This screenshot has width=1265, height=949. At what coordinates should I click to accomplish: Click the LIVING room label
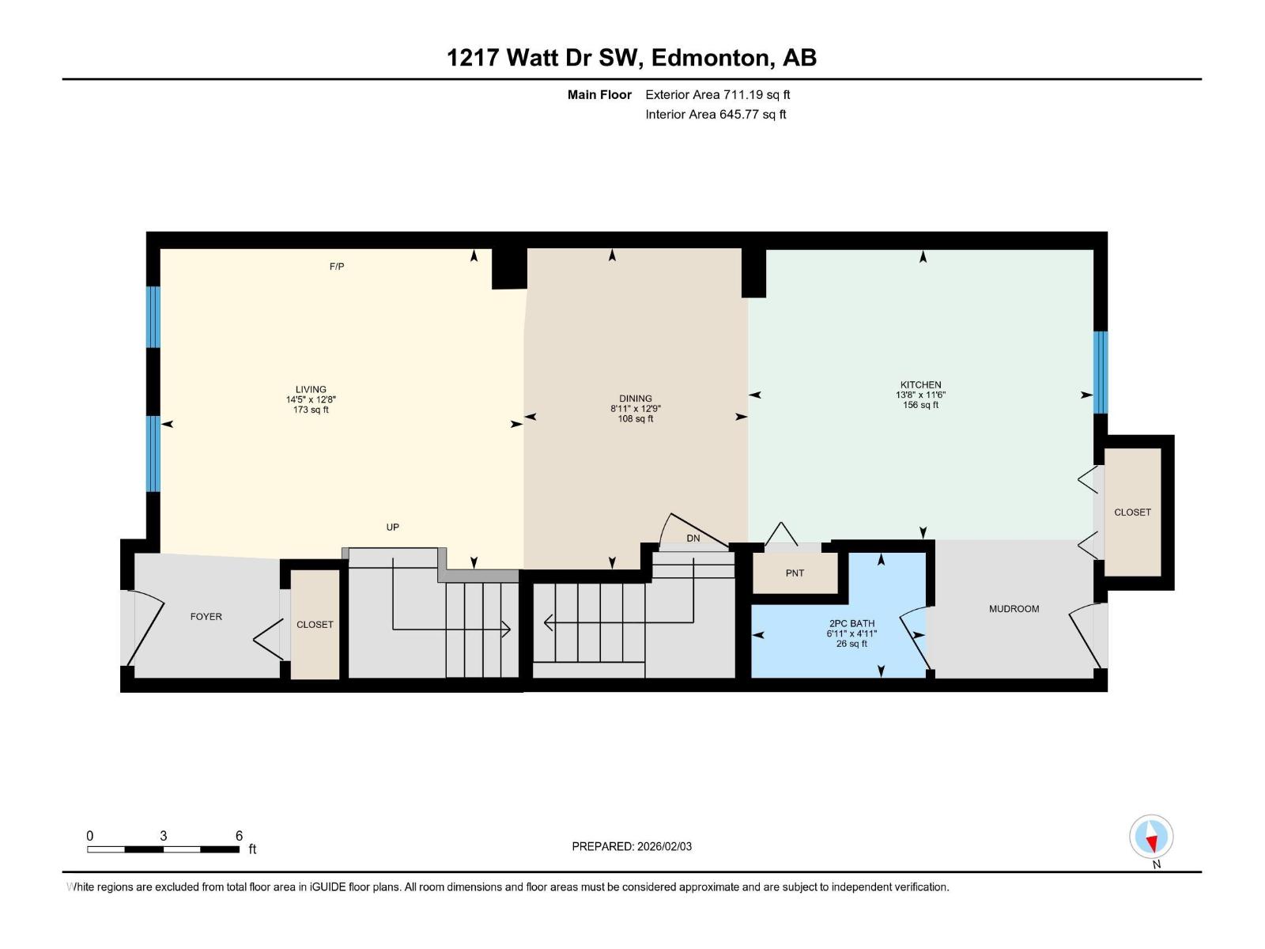(311, 389)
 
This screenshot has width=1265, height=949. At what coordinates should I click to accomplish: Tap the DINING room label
(636, 399)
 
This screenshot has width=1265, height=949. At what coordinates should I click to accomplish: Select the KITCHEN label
(920, 385)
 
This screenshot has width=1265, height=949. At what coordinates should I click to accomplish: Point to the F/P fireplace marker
(337, 267)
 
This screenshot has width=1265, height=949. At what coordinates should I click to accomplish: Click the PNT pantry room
(795, 573)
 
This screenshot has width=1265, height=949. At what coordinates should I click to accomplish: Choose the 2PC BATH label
(852, 623)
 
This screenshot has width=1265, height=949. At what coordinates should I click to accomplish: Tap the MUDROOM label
(1014, 609)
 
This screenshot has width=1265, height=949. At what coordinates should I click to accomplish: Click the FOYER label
(206, 617)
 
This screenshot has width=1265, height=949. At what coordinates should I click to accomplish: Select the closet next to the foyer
(315, 625)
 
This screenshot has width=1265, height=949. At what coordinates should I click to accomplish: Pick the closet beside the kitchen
(1132, 512)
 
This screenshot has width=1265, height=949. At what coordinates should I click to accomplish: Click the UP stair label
(392, 527)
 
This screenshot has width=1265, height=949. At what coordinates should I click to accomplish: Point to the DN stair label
(693, 539)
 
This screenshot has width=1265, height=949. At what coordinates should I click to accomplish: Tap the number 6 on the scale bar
(239, 836)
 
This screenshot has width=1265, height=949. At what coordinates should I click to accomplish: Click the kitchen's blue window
(1100, 372)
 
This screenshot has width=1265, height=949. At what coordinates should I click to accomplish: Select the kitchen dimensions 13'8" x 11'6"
(920, 395)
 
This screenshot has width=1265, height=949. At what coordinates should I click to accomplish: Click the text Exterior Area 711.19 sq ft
(717, 95)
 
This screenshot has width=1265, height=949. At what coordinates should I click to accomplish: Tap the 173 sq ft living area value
(311, 410)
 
